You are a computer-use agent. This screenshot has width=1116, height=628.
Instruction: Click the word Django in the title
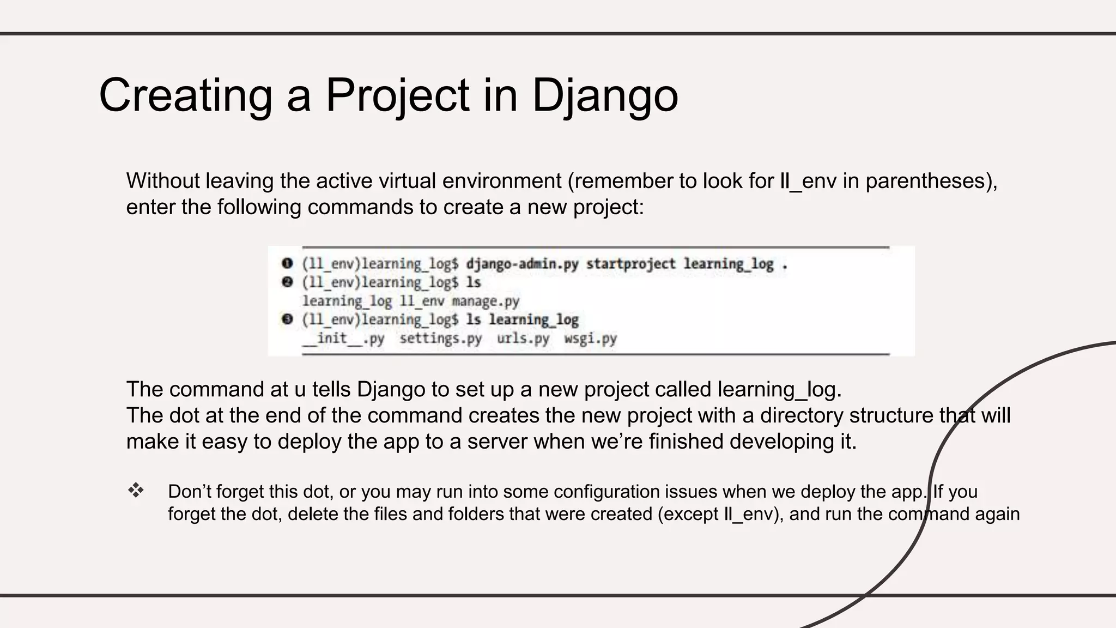click(x=604, y=96)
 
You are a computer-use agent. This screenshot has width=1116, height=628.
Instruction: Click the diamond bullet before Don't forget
click(x=136, y=491)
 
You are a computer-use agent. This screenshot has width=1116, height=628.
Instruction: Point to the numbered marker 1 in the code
click(x=287, y=264)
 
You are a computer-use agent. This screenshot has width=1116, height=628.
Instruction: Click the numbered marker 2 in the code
click(x=287, y=282)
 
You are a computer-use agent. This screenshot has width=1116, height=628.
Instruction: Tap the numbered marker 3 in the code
click(x=287, y=319)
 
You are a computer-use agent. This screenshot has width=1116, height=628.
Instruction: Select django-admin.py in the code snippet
click(x=521, y=264)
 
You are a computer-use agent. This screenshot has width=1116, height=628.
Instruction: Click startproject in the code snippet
click(x=630, y=264)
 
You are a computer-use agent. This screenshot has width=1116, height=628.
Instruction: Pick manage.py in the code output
click(x=485, y=301)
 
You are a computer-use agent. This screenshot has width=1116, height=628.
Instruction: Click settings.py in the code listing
click(x=440, y=339)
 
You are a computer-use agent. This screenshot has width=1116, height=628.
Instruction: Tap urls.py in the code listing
click(x=523, y=339)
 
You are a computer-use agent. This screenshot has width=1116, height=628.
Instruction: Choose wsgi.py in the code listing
click(x=590, y=339)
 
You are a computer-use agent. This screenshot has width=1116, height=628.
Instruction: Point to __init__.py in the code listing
click(x=343, y=339)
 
